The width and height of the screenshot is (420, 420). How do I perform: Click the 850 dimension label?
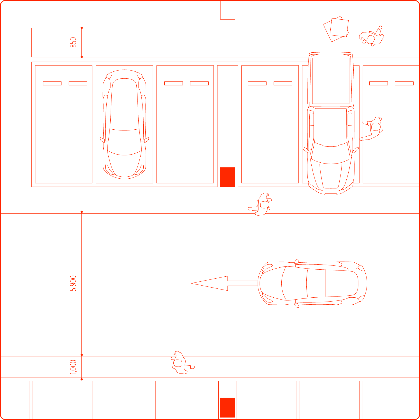coord(73,42)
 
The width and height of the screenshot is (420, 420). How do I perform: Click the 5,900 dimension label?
coord(73,283)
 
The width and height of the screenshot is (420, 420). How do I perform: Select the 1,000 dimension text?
coord(73,367)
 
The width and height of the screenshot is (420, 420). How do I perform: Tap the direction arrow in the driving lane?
coord(224,283)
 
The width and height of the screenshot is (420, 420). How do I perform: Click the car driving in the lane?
coord(312,283)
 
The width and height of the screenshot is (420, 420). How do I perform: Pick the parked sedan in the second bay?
coord(124,124)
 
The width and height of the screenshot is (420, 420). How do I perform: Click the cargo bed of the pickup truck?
coord(331,81)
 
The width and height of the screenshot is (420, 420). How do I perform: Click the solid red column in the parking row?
coord(228,177)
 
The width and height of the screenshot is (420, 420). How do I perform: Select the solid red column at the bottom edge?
coord(228,407)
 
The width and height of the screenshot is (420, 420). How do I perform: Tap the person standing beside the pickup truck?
coord(372,128)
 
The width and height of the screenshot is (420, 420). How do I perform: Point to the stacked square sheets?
coord(337,29)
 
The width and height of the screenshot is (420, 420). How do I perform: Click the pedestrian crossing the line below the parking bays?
coord(260,204)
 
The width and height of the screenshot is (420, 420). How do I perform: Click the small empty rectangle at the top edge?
coord(228,10)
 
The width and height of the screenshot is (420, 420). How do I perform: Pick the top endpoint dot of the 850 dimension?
coord(82,28)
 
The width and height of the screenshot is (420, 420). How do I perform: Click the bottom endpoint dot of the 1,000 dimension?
coord(82,379)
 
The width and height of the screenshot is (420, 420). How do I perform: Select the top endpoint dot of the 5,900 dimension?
coord(82,212)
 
